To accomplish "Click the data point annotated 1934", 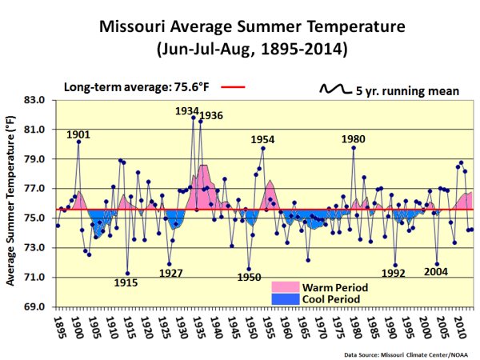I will [x=194, y=118].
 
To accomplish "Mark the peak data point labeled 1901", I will [x=78, y=142].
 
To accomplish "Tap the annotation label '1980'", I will [x=354, y=138].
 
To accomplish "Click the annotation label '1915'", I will [x=126, y=283].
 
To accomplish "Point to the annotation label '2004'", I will [x=436, y=271].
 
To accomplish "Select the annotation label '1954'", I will [x=262, y=139].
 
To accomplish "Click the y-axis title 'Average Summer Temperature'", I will [x=11, y=200].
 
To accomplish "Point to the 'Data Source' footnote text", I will [x=409, y=353].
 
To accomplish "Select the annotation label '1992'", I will [x=393, y=272].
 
